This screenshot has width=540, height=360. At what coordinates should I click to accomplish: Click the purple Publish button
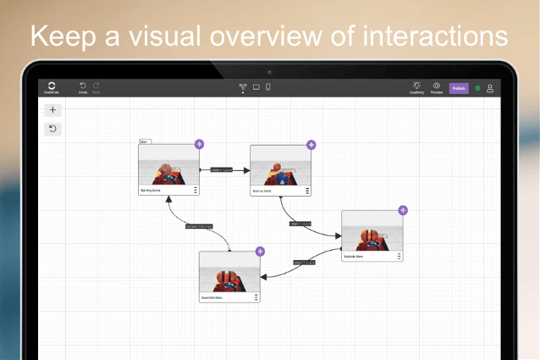pyautogui.click(x=459, y=88)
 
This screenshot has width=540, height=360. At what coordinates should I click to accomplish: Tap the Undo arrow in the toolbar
pyautogui.click(x=83, y=86)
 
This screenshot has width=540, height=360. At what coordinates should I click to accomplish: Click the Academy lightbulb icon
pyautogui.click(x=416, y=86)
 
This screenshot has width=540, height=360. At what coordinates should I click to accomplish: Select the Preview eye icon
pyautogui.click(x=437, y=86)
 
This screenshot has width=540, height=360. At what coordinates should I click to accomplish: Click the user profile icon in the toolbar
pyautogui.click(x=489, y=88)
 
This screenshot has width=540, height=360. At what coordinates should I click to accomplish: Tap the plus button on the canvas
pyautogui.click(x=52, y=110)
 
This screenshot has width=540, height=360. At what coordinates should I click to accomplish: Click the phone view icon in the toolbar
pyautogui.click(x=268, y=86)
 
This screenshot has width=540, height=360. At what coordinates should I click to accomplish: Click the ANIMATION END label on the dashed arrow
pyautogui.click(x=199, y=226)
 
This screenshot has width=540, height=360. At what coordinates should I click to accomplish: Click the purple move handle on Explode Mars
pyautogui.click(x=403, y=210)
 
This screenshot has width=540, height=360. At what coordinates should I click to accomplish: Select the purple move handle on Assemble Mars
pyautogui.click(x=260, y=252)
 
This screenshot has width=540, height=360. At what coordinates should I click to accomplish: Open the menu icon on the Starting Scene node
pyautogui.click(x=196, y=191)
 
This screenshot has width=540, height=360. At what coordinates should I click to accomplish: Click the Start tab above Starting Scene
pyautogui.click(x=145, y=141)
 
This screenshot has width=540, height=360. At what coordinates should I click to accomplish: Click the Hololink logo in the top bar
pyautogui.click(x=52, y=86)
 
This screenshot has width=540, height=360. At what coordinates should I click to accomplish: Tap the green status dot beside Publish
pyautogui.click(x=477, y=88)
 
